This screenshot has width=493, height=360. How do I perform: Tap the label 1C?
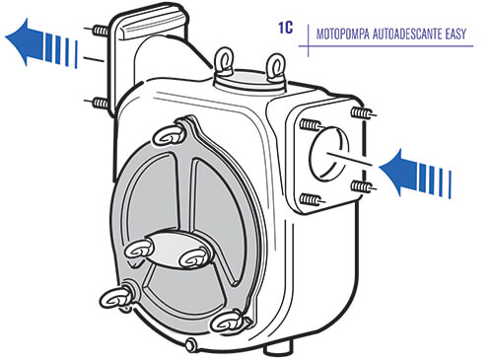tap(285, 28)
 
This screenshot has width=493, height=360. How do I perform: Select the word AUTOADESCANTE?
tap(407, 34)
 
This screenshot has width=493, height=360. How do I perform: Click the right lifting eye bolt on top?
tap(275, 68)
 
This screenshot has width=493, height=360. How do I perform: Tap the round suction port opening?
tap(328, 154)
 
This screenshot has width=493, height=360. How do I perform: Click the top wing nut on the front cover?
tap(169, 135)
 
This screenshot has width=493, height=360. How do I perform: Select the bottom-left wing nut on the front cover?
tap(115, 298)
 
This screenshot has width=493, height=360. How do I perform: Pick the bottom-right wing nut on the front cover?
tap(228, 323)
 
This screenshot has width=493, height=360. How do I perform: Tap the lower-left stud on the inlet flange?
tap(312, 199)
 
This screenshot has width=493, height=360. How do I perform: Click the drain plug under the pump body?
tap(278, 347)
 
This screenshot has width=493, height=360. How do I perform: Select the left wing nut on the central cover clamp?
tap(140, 251)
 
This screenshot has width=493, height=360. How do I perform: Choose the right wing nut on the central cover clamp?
tap(194, 257)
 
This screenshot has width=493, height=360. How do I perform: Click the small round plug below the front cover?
tap(190, 345)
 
